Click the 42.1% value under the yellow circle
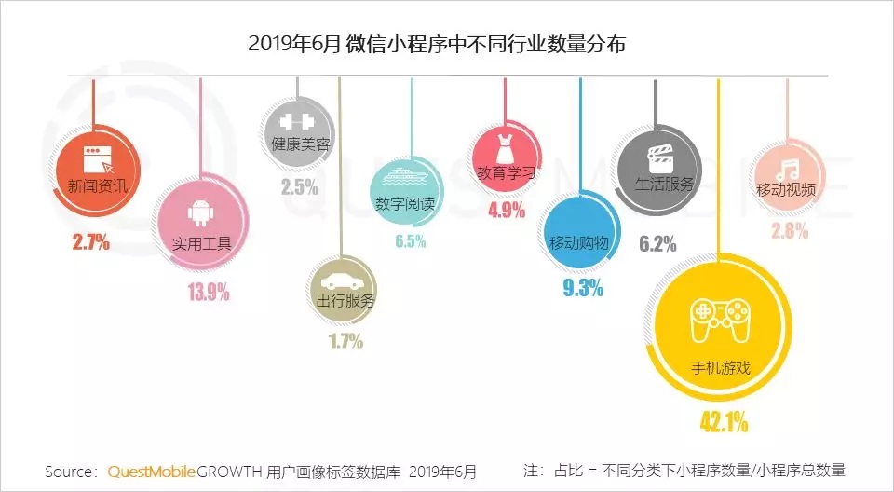tap(724, 422)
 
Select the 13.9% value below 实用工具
tap(209, 293)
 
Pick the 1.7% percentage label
tap(345, 341)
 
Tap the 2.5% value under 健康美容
tap(299, 186)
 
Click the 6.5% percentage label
tap(410, 242)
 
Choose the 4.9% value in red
tap(507, 210)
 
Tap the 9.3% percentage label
tap(583, 288)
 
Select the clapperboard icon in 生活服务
tap(658, 155)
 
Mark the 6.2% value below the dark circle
tap(657, 244)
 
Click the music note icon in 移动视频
tap(788, 169)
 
